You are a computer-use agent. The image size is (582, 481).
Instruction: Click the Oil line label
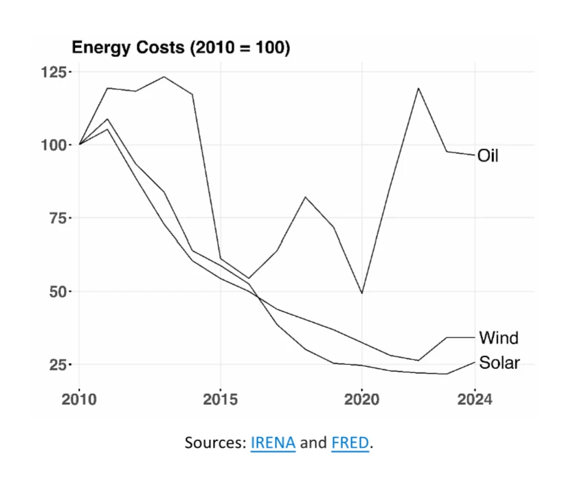(488, 156)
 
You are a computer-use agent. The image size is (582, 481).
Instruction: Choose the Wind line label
(498, 337)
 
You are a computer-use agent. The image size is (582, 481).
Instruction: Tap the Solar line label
(500, 362)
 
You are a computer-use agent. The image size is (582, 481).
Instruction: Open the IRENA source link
(272, 443)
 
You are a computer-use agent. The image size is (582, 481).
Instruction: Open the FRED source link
(350, 443)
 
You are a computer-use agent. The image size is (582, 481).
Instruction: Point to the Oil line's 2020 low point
(361, 293)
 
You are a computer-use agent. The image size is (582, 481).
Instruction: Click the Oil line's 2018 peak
(305, 197)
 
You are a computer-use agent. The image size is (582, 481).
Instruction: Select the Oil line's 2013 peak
(164, 77)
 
